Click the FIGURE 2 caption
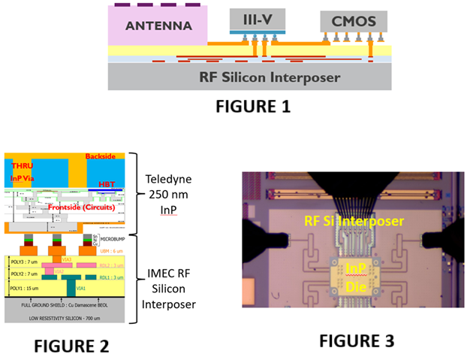point(61,346)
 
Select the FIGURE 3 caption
point(346,340)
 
